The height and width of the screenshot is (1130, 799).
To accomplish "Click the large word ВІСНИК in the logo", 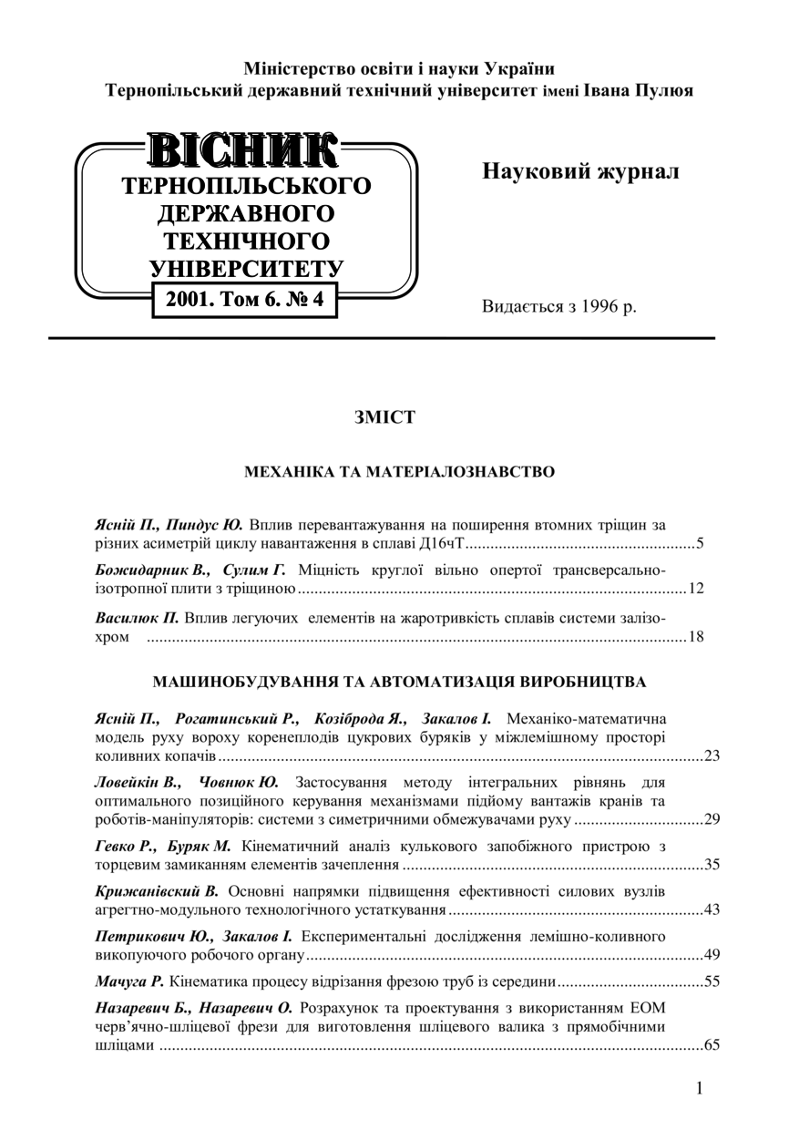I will [x=244, y=151].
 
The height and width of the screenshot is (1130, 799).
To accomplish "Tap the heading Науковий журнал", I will [x=580, y=172].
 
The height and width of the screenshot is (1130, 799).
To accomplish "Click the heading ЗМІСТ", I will [x=384, y=417].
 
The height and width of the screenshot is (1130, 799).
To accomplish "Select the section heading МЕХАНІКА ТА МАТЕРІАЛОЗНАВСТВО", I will [x=399, y=472].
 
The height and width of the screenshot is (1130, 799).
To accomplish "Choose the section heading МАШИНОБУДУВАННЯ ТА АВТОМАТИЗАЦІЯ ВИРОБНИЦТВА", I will [x=399, y=682].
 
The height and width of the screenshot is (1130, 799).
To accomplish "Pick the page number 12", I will [x=696, y=589].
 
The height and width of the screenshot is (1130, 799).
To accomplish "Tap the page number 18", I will [x=696, y=636].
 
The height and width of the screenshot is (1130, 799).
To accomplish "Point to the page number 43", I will [x=712, y=909].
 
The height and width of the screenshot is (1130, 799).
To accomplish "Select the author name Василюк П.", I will [x=138, y=618].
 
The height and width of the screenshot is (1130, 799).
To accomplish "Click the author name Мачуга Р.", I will [x=129, y=981].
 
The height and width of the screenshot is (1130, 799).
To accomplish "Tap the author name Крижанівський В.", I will [x=156, y=890].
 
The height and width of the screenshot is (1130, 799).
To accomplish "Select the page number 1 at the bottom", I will [x=699, y=1088].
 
